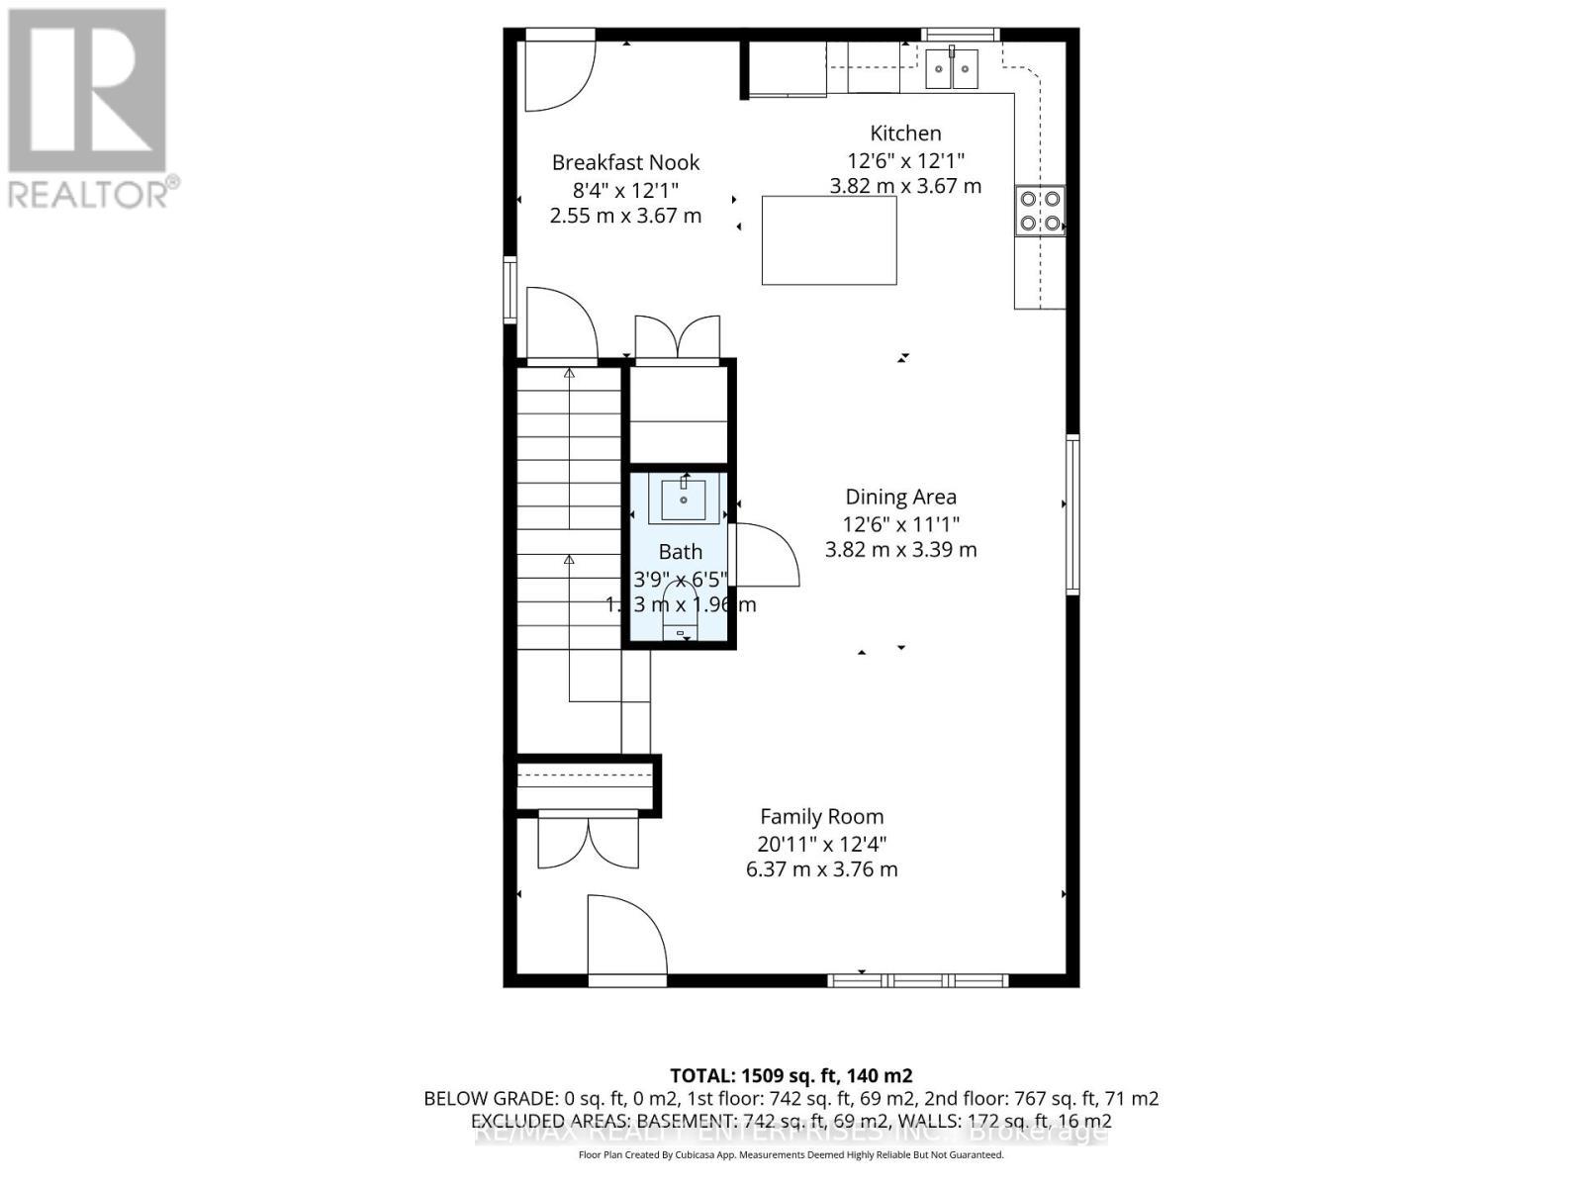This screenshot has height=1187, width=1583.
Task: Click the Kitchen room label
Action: coord(905,134)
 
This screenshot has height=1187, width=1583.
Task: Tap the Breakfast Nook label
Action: coord(625,163)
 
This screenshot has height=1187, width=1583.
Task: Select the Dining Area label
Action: coord(900,498)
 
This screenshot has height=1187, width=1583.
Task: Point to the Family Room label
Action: coord(821,817)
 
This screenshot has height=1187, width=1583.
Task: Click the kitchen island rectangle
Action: coord(829,240)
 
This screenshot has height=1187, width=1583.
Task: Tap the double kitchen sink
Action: coord(952,68)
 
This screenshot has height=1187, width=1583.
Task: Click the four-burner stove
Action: coord(1040,211)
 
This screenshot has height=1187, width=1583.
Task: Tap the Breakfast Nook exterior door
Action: coord(559,74)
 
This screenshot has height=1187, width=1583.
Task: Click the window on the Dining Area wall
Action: coord(1071,514)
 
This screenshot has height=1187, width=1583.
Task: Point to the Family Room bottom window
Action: coord(917,980)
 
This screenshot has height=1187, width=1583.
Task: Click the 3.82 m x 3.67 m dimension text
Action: coord(905,186)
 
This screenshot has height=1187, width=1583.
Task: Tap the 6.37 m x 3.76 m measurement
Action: coord(821,869)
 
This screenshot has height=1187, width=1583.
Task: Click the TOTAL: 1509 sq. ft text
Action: coord(791,1075)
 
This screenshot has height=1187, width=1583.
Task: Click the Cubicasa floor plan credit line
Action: coord(791,1155)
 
